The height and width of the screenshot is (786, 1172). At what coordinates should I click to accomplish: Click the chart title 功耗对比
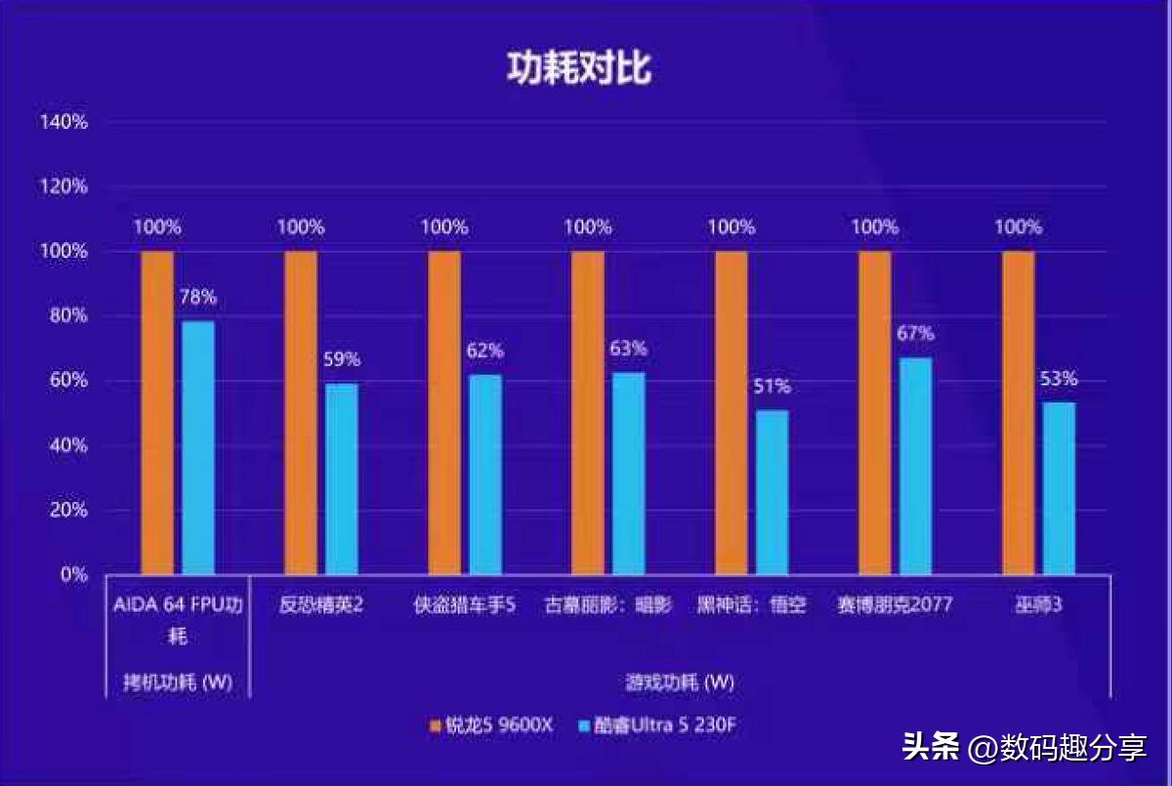coord(578,69)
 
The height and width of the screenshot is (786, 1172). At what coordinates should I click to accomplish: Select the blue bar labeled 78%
coord(198,447)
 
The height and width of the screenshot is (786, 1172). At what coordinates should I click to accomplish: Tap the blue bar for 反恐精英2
coord(342,478)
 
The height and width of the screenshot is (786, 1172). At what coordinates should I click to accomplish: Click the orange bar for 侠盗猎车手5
coord(444,412)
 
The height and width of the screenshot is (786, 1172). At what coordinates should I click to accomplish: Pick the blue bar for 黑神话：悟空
coord(772,491)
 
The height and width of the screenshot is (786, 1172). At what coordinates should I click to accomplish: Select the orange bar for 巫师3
coord(1018,412)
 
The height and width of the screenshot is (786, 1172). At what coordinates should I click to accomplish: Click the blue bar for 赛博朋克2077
coord(915,466)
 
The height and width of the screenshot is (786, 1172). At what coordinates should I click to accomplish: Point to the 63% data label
coord(627,349)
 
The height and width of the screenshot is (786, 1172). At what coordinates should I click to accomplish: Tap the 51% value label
coord(772,386)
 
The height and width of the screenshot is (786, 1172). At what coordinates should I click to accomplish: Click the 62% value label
coord(484,350)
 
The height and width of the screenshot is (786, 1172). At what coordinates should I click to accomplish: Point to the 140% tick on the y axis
coord(63,122)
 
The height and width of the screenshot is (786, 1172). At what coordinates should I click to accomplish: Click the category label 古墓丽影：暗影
coord(607,605)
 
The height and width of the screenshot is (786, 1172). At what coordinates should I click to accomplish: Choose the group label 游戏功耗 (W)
coord(680,682)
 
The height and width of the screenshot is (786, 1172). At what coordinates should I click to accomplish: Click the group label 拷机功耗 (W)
coord(178,682)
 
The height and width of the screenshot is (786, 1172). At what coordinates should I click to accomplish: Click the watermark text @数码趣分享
coord(1057,749)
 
